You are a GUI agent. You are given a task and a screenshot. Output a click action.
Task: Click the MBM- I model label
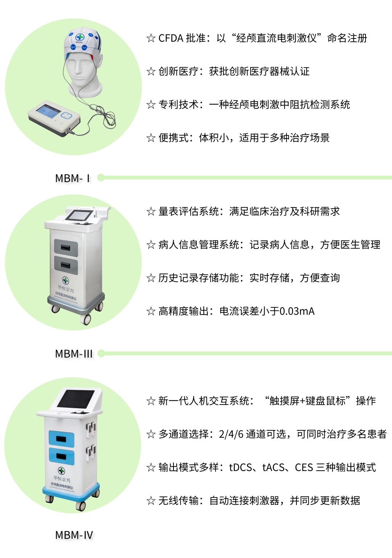tap(72, 178)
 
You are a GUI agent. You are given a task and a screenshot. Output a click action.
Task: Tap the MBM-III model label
tap(74, 354)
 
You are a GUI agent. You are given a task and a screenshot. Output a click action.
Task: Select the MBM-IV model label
tap(74, 535)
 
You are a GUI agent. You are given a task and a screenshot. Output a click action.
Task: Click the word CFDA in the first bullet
tap(171, 38)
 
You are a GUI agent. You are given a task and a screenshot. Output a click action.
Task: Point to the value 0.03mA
tap(297, 311)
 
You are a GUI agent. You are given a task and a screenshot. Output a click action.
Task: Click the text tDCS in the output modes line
tap(240, 467)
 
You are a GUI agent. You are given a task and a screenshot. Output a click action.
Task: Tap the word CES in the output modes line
tap(304, 467)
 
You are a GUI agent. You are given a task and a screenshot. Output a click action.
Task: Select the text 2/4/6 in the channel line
tap(231, 434)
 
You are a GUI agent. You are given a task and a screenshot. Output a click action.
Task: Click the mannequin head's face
tap(81, 65)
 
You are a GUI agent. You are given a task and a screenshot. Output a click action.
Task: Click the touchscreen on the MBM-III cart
tap(79, 216)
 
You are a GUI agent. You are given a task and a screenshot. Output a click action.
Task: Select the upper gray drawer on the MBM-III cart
tap(66, 248)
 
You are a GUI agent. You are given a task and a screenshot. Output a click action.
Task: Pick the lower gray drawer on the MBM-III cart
tap(66, 265)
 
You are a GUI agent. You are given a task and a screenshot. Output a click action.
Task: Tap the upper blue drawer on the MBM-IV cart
tap(61, 439)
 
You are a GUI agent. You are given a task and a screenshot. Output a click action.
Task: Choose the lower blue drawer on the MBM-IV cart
tap(61, 456)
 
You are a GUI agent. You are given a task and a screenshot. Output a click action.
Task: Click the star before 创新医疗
tap(151, 71)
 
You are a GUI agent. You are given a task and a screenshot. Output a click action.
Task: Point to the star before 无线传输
tap(151, 501)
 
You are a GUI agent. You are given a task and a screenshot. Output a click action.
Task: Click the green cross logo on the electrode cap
tap(80, 37)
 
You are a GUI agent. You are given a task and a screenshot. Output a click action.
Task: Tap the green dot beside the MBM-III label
tap(101, 353)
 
